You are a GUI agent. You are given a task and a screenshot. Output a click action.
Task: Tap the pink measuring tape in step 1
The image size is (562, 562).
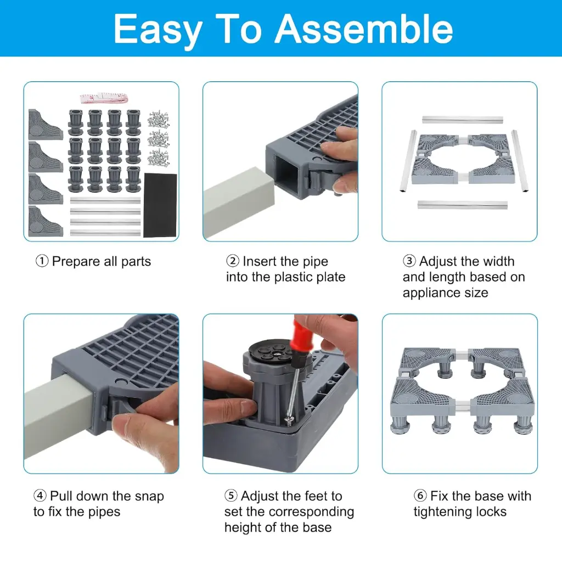(x=104, y=98)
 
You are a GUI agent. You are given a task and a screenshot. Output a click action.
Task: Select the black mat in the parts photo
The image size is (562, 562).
(x=160, y=205)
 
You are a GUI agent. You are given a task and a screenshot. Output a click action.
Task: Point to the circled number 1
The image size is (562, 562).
(x=42, y=261)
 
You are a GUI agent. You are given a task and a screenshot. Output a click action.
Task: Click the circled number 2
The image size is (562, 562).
(x=233, y=261)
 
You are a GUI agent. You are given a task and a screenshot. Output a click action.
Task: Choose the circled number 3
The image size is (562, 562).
(x=409, y=261)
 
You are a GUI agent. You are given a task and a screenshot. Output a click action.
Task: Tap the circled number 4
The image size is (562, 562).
(x=40, y=496)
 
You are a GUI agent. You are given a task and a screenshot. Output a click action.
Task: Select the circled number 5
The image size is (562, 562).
(x=231, y=496)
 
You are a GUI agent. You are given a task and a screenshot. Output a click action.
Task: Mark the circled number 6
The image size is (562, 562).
(x=420, y=496)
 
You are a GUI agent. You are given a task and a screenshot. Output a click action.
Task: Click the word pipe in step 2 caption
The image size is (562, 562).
(x=316, y=262)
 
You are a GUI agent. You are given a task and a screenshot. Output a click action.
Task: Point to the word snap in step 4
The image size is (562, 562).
(x=149, y=497)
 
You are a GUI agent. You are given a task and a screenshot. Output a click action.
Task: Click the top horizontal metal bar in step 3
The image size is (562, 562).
(x=462, y=119)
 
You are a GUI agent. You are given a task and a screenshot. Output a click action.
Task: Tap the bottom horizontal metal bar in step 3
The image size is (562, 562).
(x=462, y=204)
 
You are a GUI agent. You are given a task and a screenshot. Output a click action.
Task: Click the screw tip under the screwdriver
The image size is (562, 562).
(x=287, y=419)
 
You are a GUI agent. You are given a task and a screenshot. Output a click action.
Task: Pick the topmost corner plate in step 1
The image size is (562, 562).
(x=45, y=125)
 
